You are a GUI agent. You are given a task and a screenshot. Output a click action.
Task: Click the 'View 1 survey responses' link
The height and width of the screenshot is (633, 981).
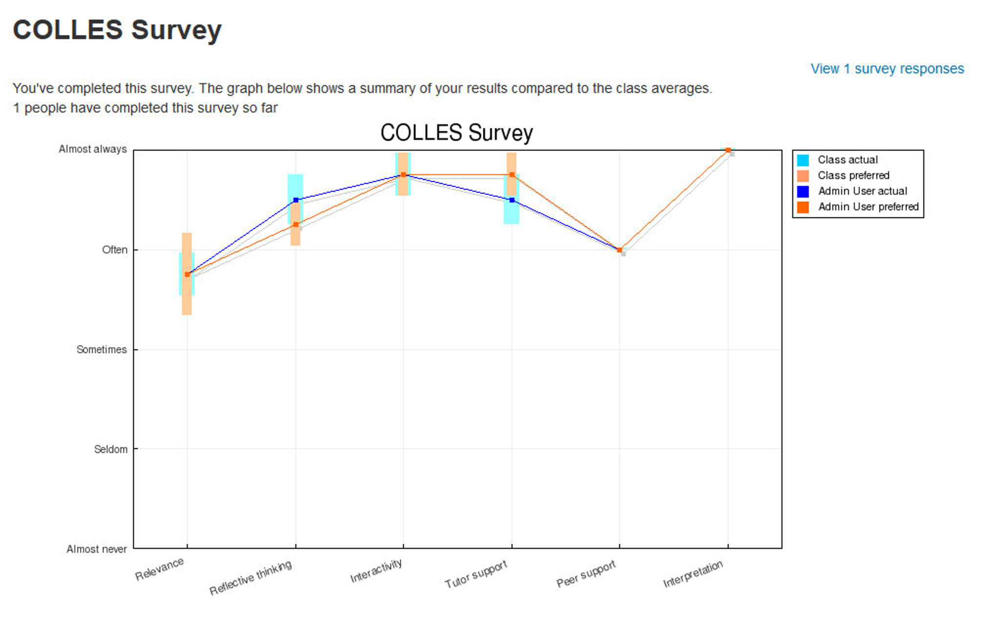coord(887,69)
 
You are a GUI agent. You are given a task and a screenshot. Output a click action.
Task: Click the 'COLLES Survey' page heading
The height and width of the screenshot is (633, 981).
coord(117,30)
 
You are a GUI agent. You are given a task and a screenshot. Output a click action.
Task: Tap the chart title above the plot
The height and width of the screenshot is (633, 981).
coord(456,133)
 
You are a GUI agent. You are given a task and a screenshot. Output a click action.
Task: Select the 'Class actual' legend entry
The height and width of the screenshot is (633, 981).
coord(847,160)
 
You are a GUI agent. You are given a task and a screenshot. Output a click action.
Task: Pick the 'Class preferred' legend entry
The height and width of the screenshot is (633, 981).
coord(853,176)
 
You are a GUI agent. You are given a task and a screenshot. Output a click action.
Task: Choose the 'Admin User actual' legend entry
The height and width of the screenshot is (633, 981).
coord(862,191)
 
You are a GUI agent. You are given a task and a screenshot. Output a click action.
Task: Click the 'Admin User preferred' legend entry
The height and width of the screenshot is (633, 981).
coord(868,207)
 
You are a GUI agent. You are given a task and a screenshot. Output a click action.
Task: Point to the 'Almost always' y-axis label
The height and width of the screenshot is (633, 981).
coord(92,149)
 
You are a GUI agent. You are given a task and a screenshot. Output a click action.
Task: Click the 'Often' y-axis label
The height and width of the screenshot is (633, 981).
coord(114,250)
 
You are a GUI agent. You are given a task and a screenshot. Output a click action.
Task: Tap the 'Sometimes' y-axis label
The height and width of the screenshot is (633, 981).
coord(101,350)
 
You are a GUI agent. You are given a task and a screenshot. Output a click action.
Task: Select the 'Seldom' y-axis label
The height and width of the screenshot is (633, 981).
coord(111,450)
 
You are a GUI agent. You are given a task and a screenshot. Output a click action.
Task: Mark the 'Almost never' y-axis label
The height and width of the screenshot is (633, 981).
coord(96,549)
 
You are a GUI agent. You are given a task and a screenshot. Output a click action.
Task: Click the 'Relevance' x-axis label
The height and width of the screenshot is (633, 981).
coord(159,569)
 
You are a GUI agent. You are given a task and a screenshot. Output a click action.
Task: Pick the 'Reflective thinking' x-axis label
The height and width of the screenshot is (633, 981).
coord(250,578)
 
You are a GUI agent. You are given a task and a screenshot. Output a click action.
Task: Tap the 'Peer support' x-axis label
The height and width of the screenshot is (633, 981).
coord(586,574)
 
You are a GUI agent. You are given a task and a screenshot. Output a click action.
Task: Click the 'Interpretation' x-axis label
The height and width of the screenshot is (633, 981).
coord(692,574)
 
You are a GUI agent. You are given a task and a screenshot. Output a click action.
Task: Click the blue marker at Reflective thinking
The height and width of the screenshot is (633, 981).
coord(295,200)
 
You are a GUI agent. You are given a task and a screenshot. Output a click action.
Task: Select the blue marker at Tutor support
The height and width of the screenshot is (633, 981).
coord(512,200)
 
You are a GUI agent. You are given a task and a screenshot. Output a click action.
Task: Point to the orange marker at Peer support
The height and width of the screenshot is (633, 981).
coord(619,250)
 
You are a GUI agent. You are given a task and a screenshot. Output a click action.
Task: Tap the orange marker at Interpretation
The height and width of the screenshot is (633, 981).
coord(728,150)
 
